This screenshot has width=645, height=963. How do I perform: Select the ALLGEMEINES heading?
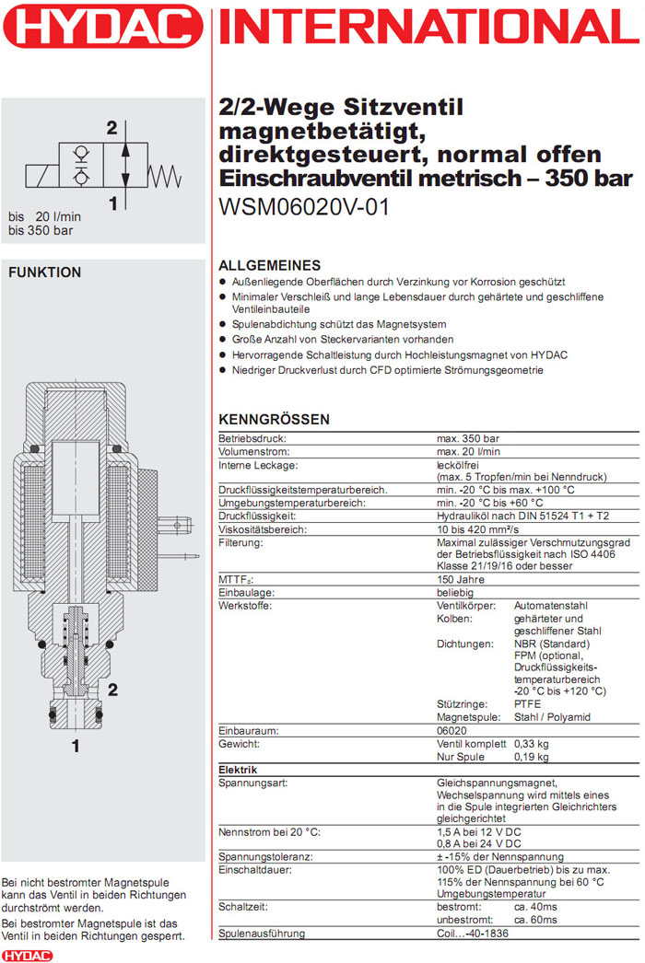point(269,265)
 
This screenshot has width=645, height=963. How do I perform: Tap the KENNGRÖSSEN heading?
point(274,420)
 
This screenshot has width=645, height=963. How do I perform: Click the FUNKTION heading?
point(44,273)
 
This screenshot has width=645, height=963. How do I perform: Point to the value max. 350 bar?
point(468,439)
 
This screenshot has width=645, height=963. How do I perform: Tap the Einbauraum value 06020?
point(452,729)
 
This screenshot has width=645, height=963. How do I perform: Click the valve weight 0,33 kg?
point(532,743)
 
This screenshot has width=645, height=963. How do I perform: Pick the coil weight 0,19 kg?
point(532,757)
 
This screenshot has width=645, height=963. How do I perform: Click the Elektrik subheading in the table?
point(238,770)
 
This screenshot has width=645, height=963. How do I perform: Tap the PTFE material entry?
point(529,703)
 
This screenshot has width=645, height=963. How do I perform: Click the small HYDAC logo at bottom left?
point(27,956)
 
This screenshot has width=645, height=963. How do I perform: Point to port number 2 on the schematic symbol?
point(112,128)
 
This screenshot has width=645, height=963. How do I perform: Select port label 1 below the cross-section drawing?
point(76,747)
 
